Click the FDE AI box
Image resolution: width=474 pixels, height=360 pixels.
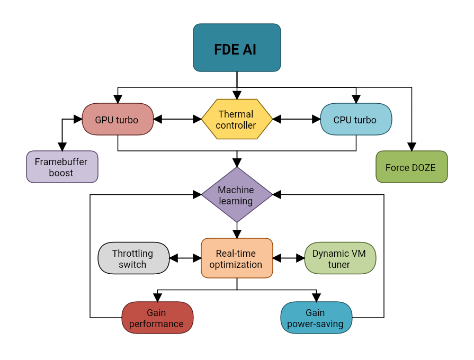(x=237, y=48)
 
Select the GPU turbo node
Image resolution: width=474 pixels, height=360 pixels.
(x=118, y=119)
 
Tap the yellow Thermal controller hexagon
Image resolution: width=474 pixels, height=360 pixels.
(x=237, y=119)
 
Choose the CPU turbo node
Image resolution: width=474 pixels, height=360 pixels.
(x=356, y=119)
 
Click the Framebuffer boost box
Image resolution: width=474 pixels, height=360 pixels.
(x=62, y=167)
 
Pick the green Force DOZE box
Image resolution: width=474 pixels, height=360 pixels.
(x=412, y=167)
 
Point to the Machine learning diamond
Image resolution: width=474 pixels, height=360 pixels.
(x=237, y=195)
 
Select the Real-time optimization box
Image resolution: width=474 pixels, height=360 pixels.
(x=237, y=258)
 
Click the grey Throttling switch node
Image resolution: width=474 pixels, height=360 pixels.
(x=133, y=258)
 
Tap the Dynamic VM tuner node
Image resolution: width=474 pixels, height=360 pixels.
(x=340, y=258)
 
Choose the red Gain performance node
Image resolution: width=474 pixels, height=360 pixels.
(x=157, y=318)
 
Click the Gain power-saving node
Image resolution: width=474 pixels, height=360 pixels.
(x=316, y=318)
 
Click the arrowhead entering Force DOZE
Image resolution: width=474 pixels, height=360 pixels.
(x=412, y=147)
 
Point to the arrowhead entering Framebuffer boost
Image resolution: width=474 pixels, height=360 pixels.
(x=62, y=147)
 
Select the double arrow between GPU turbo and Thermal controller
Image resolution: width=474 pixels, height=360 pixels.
(x=177, y=119)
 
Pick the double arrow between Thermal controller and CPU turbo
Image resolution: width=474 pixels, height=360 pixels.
(x=297, y=119)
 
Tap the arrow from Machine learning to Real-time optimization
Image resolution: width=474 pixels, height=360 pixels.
(x=237, y=230)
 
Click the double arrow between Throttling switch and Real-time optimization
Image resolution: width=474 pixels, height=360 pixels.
(x=185, y=258)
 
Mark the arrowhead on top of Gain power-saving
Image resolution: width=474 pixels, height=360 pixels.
(x=316, y=298)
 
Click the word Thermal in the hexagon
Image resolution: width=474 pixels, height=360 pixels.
(x=236, y=114)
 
